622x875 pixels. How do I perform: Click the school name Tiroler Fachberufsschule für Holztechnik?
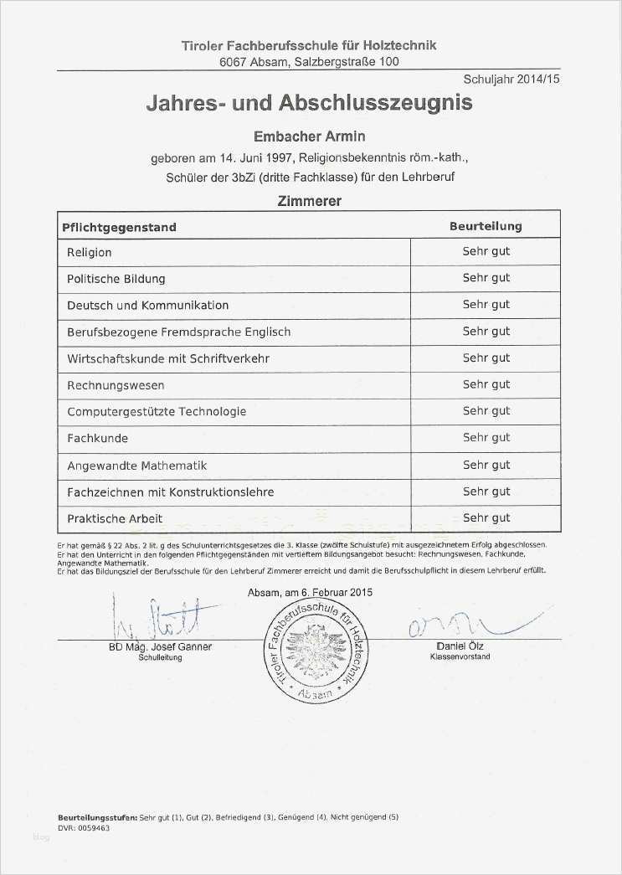click(309, 45)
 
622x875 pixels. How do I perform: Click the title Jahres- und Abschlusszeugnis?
click(309, 103)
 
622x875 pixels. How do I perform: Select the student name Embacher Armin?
click(309, 136)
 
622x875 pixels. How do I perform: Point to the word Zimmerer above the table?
click(309, 201)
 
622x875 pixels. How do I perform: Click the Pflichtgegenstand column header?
click(119, 227)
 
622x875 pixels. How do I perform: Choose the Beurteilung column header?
click(486, 226)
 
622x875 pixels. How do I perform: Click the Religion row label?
click(90, 252)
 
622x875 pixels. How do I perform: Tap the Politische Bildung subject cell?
click(116, 278)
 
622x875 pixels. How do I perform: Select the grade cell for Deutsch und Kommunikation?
click(486, 305)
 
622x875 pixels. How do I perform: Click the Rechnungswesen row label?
click(116, 385)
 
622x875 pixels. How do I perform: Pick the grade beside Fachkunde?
click(486, 438)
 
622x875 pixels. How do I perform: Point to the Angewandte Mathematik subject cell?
click(136, 465)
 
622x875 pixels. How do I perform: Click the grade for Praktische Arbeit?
click(486, 517)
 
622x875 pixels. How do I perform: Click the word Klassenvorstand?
click(460, 657)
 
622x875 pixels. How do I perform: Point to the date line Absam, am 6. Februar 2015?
click(311, 592)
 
